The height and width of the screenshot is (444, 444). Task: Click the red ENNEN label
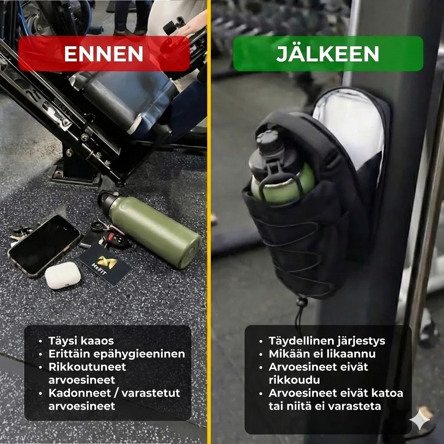click(104, 54)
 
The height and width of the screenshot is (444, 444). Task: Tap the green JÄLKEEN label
click(328, 54)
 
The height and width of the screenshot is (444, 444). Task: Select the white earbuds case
click(62, 276)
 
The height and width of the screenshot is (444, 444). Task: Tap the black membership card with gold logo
click(104, 264)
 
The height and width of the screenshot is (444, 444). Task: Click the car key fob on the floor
click(114, 238)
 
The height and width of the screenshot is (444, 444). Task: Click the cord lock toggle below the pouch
click(301, 303)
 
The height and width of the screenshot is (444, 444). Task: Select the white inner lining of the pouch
click(347, 121)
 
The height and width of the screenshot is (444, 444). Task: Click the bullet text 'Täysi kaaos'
click(81, 341)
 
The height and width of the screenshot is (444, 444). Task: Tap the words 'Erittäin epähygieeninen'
click(117, 354)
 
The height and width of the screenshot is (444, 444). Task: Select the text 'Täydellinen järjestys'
click(326, 341)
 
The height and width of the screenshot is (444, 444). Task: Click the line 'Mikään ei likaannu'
click(322, 354)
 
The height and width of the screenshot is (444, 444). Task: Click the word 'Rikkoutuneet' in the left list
click(87, 367)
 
